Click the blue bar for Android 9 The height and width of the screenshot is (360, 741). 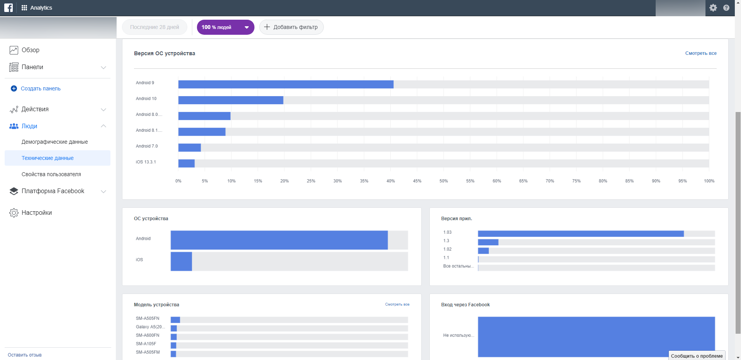point(286,84)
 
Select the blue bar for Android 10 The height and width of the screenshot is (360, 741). point(231,100)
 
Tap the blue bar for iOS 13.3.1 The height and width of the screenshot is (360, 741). point(187,163)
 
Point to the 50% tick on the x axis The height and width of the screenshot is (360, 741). point(444,181)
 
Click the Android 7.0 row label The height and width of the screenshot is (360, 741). point(147,146)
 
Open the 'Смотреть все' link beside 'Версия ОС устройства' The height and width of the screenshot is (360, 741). point(700,53)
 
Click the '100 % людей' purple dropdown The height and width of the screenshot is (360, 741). point(226,27)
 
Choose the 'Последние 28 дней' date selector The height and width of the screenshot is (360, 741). point(154,27)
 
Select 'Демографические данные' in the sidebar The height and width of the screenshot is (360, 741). point(54,142)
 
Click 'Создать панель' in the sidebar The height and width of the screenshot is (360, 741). point(41,88)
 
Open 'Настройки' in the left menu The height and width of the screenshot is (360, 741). point(36,212)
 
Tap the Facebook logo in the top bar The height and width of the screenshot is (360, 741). point(8,8)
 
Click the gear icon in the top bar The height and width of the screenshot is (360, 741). point(713,8)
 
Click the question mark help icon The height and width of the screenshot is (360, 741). point(726,8)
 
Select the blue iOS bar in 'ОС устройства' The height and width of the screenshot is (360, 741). point(181,262)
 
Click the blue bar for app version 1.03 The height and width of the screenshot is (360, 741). point(580,234)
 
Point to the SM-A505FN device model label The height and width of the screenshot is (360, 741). point(148,318)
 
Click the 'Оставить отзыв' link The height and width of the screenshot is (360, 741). point(25,355)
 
